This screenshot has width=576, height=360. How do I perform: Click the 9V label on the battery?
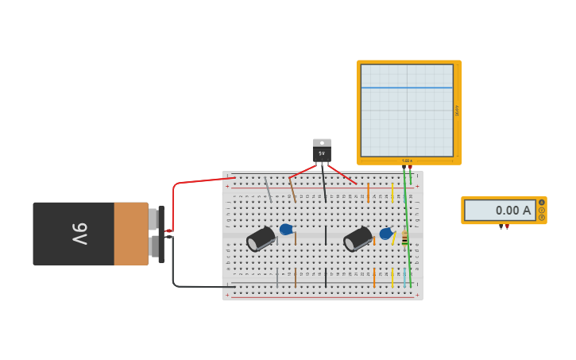(x=79, y=234)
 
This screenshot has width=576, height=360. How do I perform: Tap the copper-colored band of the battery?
(x=130, y=234)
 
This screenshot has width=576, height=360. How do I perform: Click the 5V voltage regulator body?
(x=322, y=151)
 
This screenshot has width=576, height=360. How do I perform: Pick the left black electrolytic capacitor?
(x=261, y=238)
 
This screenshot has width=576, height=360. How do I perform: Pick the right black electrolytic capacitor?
(x=358, y=238)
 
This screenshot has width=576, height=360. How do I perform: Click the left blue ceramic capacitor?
(x=285, y=230)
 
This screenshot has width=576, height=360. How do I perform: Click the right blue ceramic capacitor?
(x=385, y=234)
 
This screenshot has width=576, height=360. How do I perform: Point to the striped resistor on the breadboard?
(x=404, y=238)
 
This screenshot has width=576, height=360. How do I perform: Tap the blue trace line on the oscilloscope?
(x=407, y=87)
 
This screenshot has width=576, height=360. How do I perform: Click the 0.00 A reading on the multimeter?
(x=512, y=211)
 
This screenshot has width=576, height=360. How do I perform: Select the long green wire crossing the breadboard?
(x=408, y=230)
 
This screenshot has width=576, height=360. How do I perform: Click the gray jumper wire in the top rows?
(x=269, y=191)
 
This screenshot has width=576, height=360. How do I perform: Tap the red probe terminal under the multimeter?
(x=507, y=227)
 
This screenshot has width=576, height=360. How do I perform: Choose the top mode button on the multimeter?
(x=542, y=203)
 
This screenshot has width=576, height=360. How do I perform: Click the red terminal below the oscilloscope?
(x=411, y=168)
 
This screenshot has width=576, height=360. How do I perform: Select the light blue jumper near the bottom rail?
(x=404, y=277)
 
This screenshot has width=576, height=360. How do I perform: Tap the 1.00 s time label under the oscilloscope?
(x=407, y=161)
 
